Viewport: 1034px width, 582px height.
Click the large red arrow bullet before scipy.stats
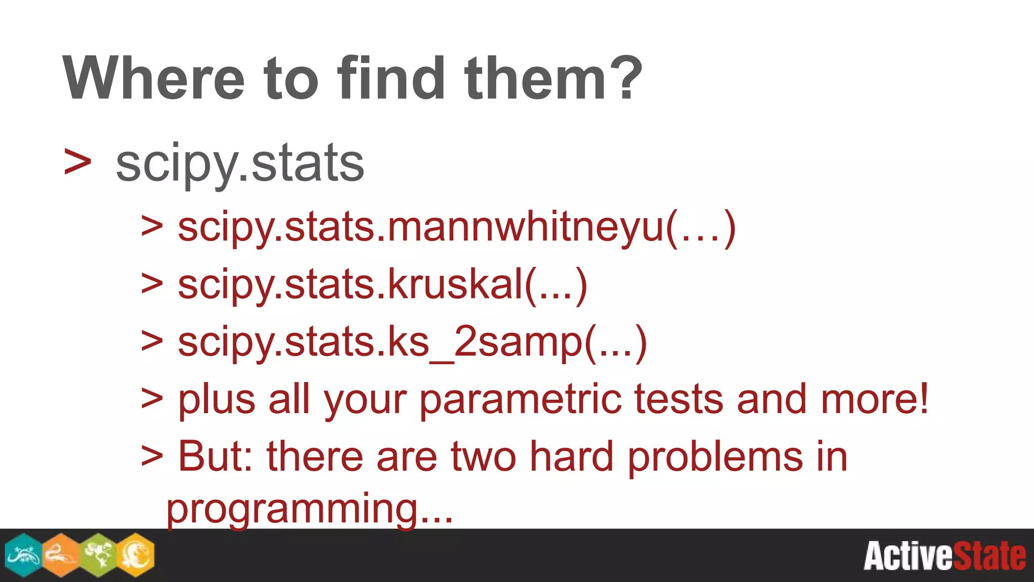click(x=78, y=163)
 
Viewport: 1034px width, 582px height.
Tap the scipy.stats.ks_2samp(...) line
click(x=412, y=343)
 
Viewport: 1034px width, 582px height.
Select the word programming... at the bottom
click(x=309, y=509)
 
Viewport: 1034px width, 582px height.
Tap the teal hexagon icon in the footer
click(x=23, y=555)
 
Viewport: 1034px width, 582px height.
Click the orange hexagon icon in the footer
click(x=61, y=555)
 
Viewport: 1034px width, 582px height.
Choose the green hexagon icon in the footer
click(x=98, y=555)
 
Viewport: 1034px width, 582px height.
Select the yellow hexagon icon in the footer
click(x=136, y=555)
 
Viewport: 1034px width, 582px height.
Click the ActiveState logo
click(x=944, y=556)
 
